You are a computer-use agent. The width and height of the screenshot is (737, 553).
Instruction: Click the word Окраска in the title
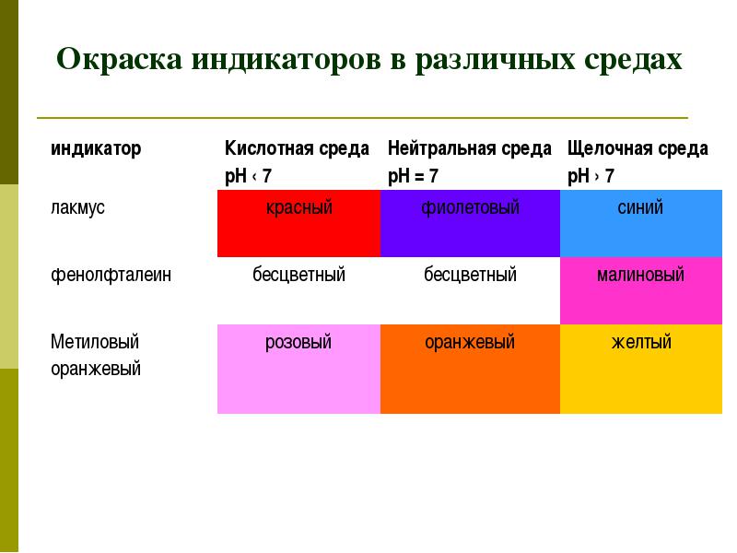click(x=120, y=60)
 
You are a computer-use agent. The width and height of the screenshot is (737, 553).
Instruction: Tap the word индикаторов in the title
click(x=286, y=61)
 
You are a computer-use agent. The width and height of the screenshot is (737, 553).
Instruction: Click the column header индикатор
click(x=96, y=148)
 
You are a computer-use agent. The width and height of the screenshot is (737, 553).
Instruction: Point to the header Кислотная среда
click(x=297, y=148)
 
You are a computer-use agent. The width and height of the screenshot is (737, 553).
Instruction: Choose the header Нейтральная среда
click(x=470, y=148)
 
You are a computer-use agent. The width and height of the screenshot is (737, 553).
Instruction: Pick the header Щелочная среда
click(x=638, y=148)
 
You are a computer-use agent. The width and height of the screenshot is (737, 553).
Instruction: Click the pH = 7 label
click(x=413, y=176)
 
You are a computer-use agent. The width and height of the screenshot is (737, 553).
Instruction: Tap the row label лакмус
click(x=78, y=208)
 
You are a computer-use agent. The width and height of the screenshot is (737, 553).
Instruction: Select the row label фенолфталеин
click(x=111, y=274)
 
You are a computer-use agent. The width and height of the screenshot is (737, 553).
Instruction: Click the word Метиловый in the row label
click(x=95, y=341)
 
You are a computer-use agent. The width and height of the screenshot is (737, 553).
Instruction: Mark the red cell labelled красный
click(x=298, y=223)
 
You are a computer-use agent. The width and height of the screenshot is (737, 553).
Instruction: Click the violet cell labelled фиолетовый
click(x=470, y=223)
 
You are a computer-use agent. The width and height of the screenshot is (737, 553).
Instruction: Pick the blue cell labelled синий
click(x=641, y=223)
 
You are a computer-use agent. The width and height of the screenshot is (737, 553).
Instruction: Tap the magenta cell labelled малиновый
click(x=641, y=290)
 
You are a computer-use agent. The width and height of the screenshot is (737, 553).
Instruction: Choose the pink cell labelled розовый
click(x=298, y=370)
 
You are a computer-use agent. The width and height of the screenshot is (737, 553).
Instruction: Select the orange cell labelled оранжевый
click(x=470, y=370)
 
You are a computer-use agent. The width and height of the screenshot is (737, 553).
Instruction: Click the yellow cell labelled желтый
click(x=641, y=370)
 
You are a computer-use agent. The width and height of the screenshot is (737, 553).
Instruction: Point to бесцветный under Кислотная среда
click(x=298, y=274)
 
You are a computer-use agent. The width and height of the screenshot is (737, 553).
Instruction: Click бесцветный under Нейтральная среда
click(x=470, y=274)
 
